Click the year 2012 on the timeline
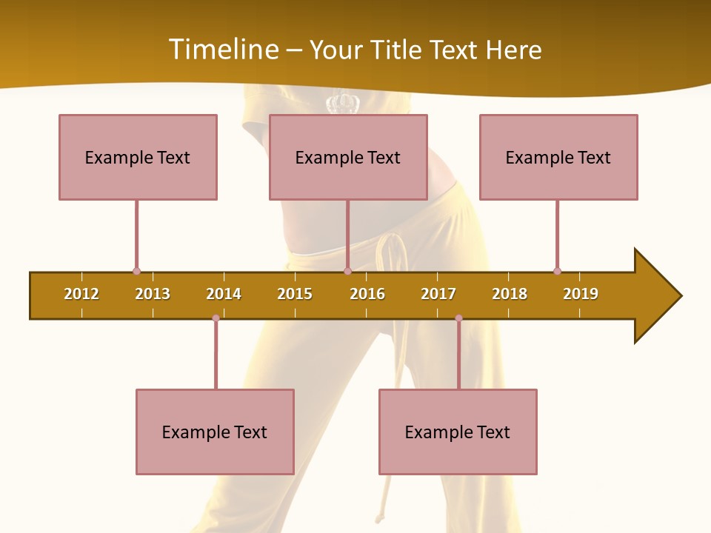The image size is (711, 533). (x=81, y=294)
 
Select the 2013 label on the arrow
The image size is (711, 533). (x=153, y=294)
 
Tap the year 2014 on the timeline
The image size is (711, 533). (x=224, y=294)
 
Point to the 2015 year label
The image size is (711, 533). (x=295, y=294)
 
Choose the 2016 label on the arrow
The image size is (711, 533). (x=367, y=294)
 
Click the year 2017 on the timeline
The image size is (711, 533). (x=438, y=294)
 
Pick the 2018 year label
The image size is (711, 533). (x=510, y=294)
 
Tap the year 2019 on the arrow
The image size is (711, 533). (x=581, y=294)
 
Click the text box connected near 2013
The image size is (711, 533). (x=138, y=157)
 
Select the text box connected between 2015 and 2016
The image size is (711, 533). (x=348, y=157)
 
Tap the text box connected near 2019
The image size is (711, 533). (x=558, y=157)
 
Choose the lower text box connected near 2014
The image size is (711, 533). (x=215, y=432)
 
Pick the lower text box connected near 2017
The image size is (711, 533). (x=458, y=432)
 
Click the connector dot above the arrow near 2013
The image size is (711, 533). (x=136, y=271)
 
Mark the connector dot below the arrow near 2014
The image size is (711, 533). (x=216, y=318)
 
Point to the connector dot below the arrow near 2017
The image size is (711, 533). (x=458, y=318)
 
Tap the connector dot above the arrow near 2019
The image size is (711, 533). (x=557, y=271)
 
